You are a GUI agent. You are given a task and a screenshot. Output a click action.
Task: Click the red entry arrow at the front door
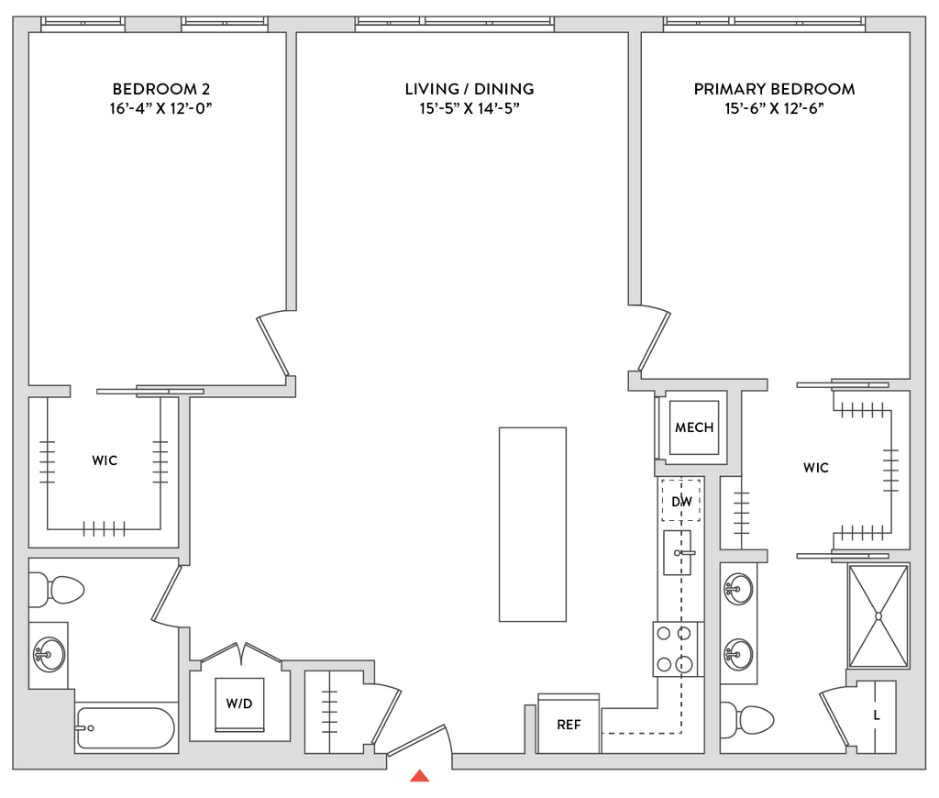coord(420,776)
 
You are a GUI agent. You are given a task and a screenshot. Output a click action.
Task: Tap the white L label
coord(876,715)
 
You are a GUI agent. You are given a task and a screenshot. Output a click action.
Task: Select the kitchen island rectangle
coord(533,524)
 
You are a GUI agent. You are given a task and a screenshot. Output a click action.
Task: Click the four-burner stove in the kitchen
coord(676,648)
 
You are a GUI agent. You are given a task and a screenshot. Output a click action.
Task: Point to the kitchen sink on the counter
coord(679,552)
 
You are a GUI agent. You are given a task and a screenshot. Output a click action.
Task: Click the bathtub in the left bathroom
coord(126,727)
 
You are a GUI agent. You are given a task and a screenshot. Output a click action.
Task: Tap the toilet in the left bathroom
coord(57,591)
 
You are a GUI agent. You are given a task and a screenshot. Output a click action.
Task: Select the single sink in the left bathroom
coord(48,653)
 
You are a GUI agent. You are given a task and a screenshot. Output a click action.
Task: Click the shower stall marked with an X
coord(876,615)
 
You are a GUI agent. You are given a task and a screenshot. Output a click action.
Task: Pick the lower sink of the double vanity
coord(738,654)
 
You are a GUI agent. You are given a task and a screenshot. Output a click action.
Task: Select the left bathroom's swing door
coord(168,597)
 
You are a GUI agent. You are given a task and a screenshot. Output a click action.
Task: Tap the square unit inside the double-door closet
coord(239,704)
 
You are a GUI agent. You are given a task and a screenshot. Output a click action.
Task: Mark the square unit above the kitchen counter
coord(694,427)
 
